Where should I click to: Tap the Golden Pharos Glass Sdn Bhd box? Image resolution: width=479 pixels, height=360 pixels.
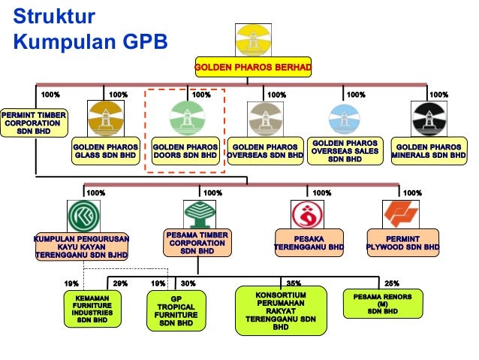[104, 151]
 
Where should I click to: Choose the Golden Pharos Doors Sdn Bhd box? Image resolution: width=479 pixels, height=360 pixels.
[185, 151]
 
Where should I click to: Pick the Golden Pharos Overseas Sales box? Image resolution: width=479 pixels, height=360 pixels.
[345, 150]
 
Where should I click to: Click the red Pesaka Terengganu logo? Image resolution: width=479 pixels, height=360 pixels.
[309, 216]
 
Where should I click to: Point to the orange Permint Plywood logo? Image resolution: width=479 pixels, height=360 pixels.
[402, 216]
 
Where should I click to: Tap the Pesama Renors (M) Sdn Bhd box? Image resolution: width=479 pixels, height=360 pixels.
[378, 302]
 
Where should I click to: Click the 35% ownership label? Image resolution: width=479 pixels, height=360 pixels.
[294, 283]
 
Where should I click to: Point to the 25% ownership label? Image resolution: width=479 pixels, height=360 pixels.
[391, 283]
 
